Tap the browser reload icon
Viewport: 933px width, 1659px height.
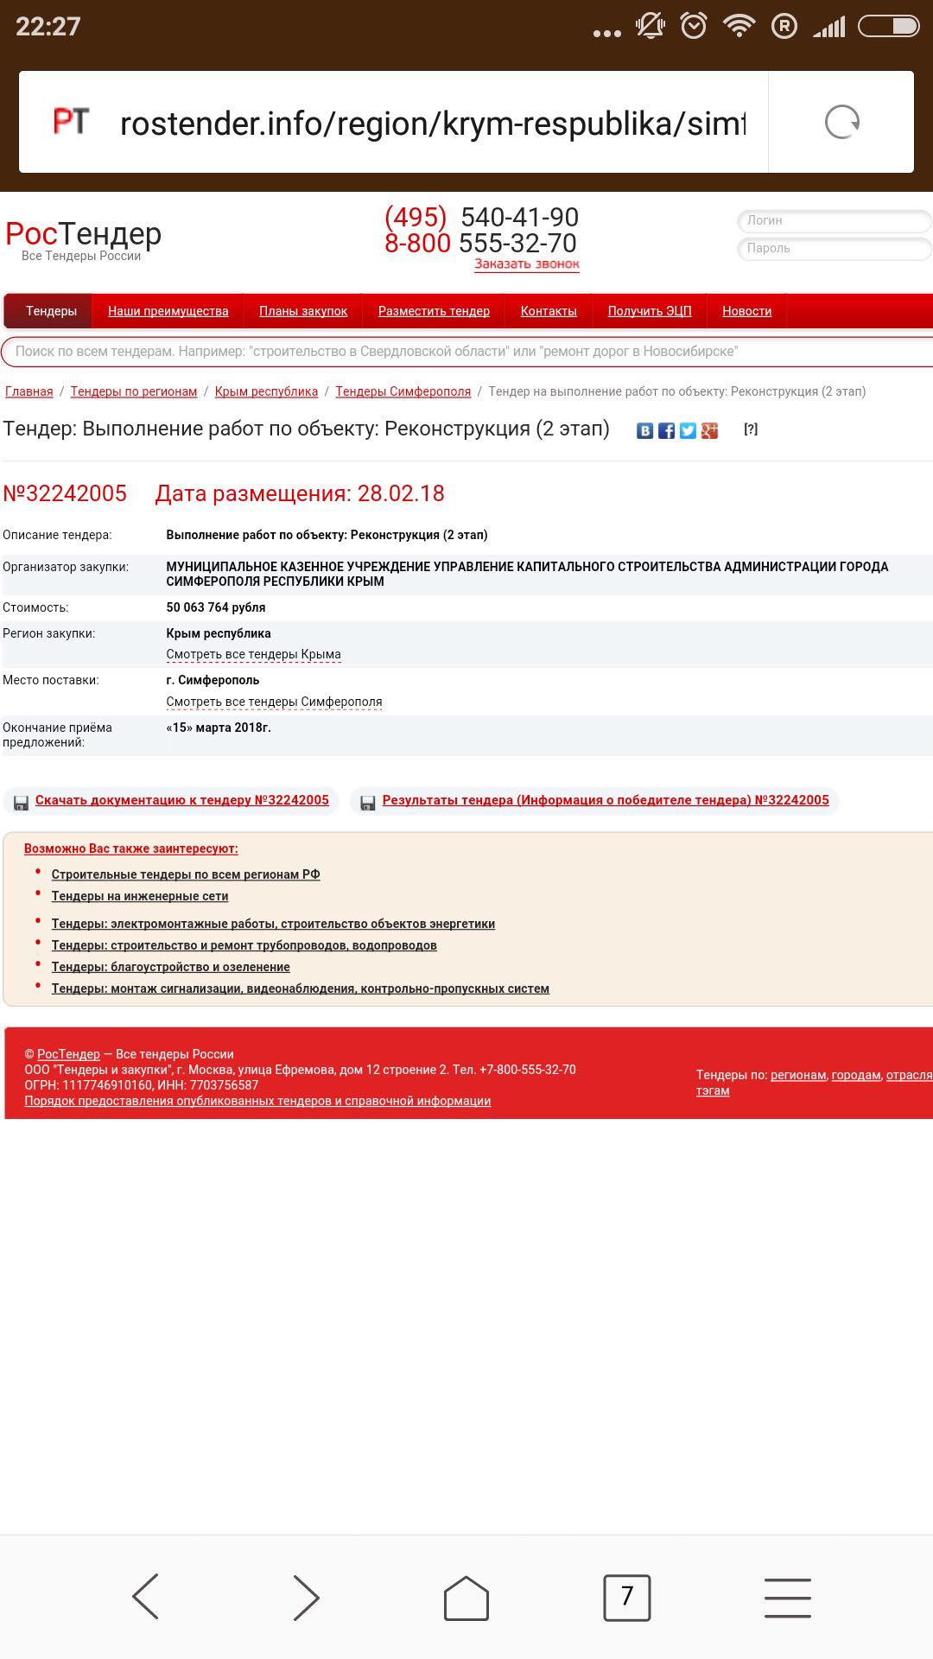[x=841, y=122]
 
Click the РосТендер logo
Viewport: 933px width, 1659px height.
[x=83, y=236]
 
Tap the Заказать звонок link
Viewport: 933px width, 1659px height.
[x=526, y=264]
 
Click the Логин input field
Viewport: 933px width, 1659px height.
[x=834, y=220]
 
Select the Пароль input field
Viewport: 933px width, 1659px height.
[x=834, y=249]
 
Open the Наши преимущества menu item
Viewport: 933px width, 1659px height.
[x=168, y=311]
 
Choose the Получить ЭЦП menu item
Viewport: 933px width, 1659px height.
[x=650, y=311]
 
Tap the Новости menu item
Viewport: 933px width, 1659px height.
[x=746, y=311]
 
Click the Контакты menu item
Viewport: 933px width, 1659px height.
[x=549, y=311]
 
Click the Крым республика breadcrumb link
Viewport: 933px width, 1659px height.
[x=266, y=391]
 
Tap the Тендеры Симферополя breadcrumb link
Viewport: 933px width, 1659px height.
[x=403, y=391]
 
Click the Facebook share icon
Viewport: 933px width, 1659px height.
[x=666, y=430]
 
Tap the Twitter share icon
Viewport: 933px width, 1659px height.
[x=688, y=430]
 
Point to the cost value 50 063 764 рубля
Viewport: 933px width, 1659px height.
[x=216, y=607]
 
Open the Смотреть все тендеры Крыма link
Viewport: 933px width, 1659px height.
[x=253, y=654]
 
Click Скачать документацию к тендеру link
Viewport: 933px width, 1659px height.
[x=181, y=800]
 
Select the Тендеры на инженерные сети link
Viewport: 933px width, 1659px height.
[x=140, y=896]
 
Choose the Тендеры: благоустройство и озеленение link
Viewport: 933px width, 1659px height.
[x=170, y=967]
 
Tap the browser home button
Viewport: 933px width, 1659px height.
[x=466, y=1598]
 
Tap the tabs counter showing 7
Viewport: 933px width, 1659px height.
[x=626, y=1597]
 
